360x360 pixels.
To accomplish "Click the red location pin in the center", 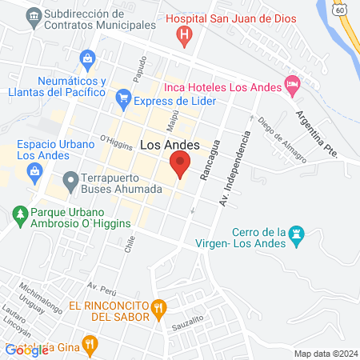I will click(180, 166).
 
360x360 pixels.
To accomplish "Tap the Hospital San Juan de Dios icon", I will click(186, 35).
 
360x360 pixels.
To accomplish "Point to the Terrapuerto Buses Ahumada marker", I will click(70, 179).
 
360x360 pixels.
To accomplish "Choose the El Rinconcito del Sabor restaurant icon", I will click(159, 306).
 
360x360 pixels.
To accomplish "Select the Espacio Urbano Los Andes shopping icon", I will click(34, 170).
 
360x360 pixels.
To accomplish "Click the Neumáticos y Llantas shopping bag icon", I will click(87, 58).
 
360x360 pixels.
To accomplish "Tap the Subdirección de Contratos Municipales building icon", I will click(33, 15).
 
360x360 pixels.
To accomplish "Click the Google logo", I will click(26, 350).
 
